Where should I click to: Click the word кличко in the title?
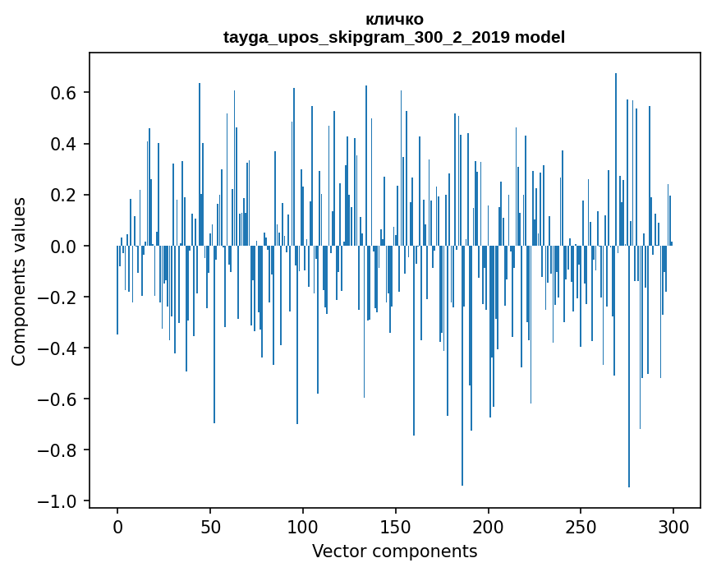394,19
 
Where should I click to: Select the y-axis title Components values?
19,281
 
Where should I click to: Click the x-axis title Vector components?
394,551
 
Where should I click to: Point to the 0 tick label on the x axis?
117,526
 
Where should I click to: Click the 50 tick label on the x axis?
210,526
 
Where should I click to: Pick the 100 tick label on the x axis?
303,526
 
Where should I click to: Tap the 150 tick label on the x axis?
396,526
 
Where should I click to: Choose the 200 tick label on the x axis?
489,526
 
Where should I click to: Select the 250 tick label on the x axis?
581,526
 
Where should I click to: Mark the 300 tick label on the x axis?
673,526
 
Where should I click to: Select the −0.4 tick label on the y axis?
60,348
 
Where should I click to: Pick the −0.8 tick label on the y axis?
60,450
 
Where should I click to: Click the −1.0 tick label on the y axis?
60,501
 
